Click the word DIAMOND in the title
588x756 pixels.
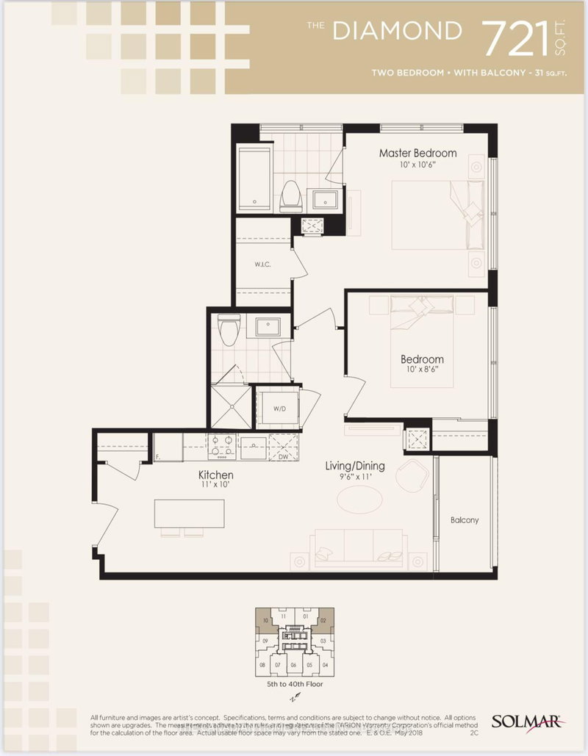[x=397, y=31]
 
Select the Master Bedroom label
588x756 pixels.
[x=417, y=154]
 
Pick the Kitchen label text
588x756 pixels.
[x=215, y=475]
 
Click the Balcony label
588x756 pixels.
[x=465, y=520]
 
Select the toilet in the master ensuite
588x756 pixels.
[x=290, y=194]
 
